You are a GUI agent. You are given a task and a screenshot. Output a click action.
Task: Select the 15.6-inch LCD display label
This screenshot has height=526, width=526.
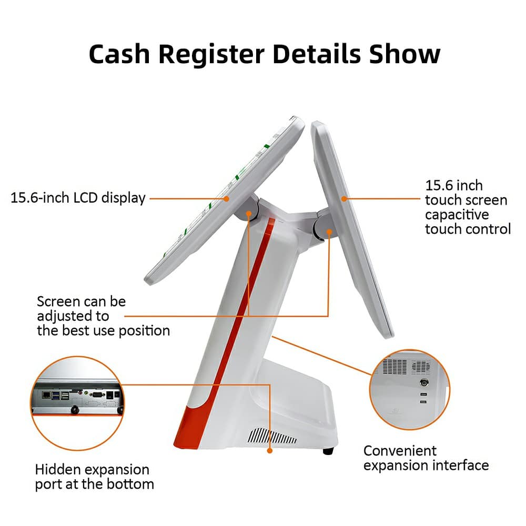(x=78, y=198)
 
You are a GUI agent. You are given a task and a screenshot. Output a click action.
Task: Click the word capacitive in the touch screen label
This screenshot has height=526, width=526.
(x=457, y=215)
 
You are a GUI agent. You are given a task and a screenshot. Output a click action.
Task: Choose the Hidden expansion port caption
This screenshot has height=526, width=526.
(x=93, y=477)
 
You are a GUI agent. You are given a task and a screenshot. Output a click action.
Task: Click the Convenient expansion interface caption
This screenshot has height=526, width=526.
(x=426, y=458)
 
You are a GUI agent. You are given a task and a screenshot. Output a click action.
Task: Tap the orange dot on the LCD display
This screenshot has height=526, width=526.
(x=226, y=198)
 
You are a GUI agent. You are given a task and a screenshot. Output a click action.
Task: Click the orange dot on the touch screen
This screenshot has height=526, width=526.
(x=344, y=198)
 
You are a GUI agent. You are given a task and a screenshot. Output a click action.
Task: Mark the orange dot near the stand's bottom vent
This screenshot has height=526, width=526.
(x=270, y=450)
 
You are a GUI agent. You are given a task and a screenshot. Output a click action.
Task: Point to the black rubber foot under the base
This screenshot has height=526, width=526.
(x=328, y=451)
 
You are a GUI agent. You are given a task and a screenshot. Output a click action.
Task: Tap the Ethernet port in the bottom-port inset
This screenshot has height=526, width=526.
(x=46, y=394)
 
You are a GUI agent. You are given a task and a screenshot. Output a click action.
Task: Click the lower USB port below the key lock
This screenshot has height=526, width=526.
(x=423, y=402)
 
